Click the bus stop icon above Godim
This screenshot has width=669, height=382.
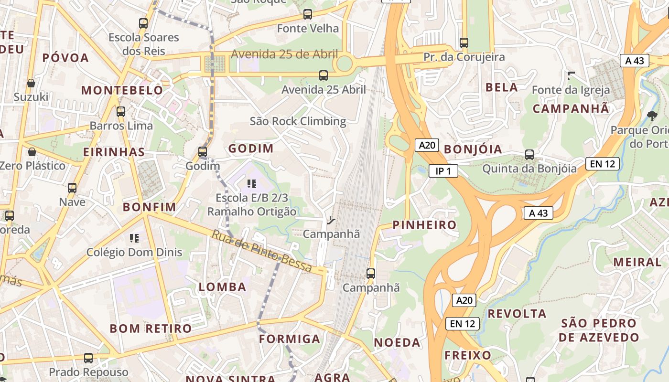point(203,152)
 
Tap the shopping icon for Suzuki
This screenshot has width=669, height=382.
point(31,83)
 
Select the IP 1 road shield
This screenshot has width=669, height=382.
point(443,170)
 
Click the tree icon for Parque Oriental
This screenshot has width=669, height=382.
point(651,115)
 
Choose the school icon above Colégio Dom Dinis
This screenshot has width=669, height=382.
point(134,238)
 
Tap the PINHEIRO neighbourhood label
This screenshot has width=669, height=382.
point(424,225)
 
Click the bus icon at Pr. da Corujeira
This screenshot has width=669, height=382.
point(464,42)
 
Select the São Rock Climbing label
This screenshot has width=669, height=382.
point(298,121)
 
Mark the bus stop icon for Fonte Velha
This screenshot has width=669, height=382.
point(308,14)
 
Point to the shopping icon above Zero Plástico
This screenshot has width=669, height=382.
point(32,152)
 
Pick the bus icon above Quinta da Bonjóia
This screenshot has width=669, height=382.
point(529,154)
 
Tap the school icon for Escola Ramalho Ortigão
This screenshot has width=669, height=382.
point(252,183)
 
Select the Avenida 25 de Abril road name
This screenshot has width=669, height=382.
point(284,54)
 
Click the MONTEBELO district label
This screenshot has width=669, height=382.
point(122,90)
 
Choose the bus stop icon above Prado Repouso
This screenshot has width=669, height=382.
point(88,358)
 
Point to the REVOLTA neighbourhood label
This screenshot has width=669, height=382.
point(517,314)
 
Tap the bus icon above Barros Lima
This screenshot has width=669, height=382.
point(121,112)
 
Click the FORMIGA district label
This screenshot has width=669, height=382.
point(289,339)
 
